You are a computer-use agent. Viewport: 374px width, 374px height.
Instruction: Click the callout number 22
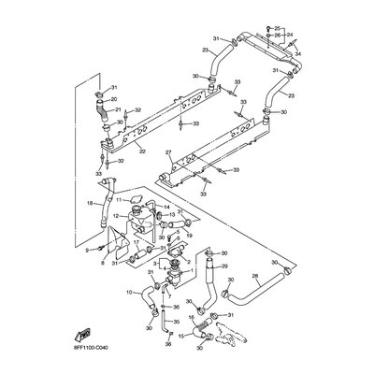click(141, 151)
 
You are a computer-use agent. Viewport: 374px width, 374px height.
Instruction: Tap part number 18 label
click(89, 203)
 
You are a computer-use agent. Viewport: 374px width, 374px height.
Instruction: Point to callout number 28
click(254, 277)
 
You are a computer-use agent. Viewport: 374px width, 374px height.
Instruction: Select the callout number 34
click(299, 54)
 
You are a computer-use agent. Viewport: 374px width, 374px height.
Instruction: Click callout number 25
click(278, 29)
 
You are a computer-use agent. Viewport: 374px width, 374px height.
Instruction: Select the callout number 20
click(114, 98)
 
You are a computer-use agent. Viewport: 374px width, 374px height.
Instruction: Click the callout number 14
click(167, 207)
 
